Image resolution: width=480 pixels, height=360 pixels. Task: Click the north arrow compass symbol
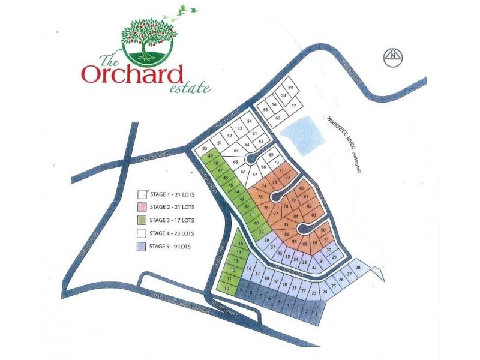394,58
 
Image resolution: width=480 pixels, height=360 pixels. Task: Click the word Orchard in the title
132,74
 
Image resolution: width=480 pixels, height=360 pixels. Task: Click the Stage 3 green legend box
142,220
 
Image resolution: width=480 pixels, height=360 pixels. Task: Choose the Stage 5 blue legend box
142,247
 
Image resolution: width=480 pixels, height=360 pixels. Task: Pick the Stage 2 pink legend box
142,207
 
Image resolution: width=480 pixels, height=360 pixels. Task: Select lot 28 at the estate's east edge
358,268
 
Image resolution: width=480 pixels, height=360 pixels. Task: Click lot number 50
205,148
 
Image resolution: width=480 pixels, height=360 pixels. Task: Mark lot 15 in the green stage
240,244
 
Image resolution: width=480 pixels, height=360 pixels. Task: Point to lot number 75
260,197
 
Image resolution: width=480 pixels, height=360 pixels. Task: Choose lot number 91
326,240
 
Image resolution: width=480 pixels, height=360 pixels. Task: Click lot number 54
249,122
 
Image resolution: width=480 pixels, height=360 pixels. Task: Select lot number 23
314,293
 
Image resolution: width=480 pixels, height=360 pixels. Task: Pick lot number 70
276,163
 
